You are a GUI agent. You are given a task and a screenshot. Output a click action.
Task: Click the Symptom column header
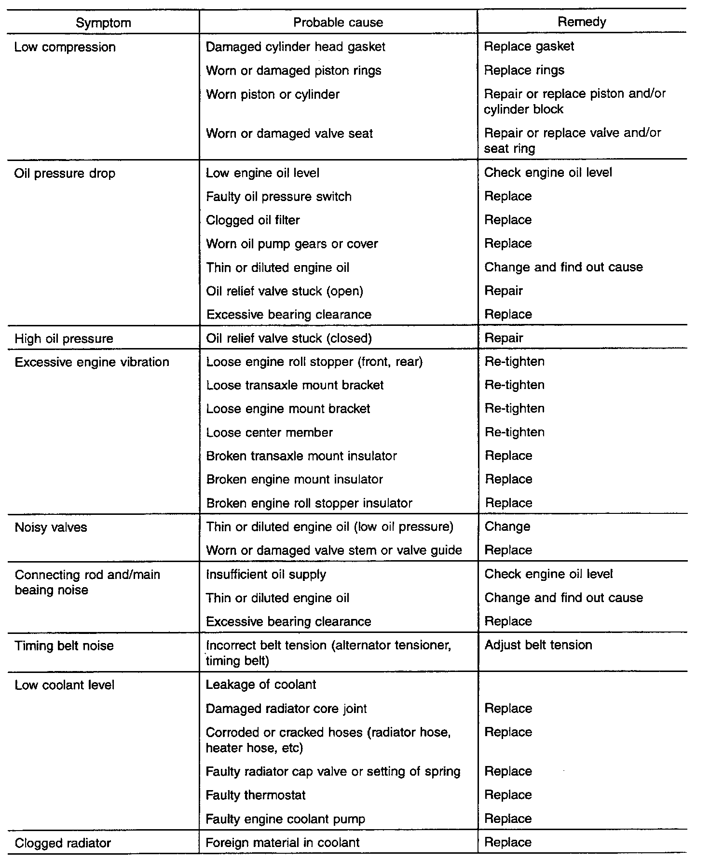pyautogui.click(x=103, y=23)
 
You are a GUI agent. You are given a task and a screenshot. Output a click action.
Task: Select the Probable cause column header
pyautogui.click(x=338, y=23)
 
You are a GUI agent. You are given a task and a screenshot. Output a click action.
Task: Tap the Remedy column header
pyautogui.click(x=582, y=22)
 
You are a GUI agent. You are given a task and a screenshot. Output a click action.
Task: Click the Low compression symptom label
pyautogui.click(x=65, y=47)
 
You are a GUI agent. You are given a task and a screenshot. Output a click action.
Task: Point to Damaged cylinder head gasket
pyautogui.click(x=296, y=47)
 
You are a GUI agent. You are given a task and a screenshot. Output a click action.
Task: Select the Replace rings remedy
pyautogui.click(x=524, y=70)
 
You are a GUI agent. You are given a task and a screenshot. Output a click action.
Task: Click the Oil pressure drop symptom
pyautogui.click(x=65, y=174)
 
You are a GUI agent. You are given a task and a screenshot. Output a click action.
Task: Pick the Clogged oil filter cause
pyautogui.click(x=253, y=220)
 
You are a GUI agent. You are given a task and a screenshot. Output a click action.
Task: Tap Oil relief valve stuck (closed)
pyautogui.click(x=289, y=338)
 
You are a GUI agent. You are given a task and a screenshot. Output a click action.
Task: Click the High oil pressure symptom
pyautogui.click(x=64, y=339)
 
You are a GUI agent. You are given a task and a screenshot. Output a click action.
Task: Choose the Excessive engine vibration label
pyautogui.click(x=92, y=363)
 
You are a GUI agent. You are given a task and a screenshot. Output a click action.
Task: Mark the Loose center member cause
pyautogui.click(x=269, y=432)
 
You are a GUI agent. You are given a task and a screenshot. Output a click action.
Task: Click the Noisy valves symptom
pyautogui.click(x=51, y=527)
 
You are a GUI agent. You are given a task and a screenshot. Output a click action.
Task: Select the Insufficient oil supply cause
pyautogui.click(x=266, y=575)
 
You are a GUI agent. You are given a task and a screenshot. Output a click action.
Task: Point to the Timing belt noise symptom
pyautogui.click(x=64, y=646)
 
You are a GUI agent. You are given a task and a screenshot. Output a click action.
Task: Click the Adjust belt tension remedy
pyautogui.click(x=538, y=645)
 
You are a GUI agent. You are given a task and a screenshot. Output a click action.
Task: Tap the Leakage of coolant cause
pyautogui.click(x=261, y=685)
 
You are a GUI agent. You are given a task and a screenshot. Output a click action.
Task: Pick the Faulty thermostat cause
pyautogui.click(x=256, y=795)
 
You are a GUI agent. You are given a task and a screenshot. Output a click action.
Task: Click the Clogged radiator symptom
pyautogui.click(x=63, y=843)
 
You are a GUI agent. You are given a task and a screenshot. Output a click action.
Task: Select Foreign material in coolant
pyautogui.click(x=283, y=843)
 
